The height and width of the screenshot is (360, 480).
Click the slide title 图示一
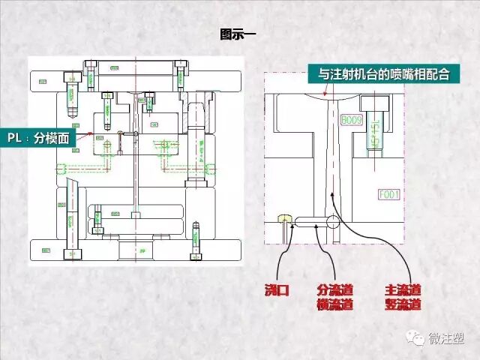(238, 34)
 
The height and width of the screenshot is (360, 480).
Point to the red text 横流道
(334, 304)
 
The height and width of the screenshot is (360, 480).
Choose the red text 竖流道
(403, 304)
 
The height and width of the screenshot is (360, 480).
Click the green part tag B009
(351, 120)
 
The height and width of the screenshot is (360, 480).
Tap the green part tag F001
(389, 195)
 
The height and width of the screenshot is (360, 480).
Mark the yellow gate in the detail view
(283, 219)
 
